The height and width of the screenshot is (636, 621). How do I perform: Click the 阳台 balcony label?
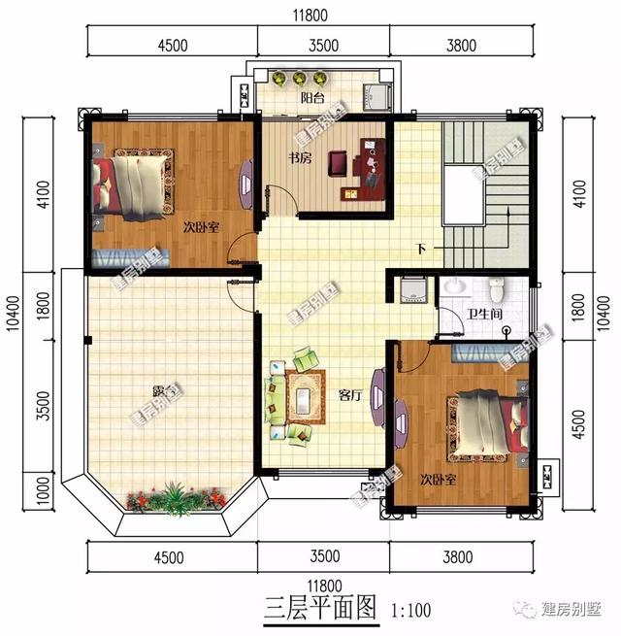tap(311, 98)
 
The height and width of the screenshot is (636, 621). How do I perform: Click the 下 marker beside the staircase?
tap(420, 251)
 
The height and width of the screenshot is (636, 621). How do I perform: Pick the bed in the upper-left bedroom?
tap(132, 183)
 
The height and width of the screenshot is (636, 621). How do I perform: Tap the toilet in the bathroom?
tap(498, 289)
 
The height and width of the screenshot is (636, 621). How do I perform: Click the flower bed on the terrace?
tap(175, 498)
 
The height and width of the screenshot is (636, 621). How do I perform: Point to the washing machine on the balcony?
tap(376, 95)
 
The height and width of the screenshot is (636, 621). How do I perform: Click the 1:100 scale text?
tap(411, 613)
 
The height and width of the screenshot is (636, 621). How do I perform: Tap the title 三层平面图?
tap(318, 611)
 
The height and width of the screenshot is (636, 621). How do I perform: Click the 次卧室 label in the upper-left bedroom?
tap(200, 227)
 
